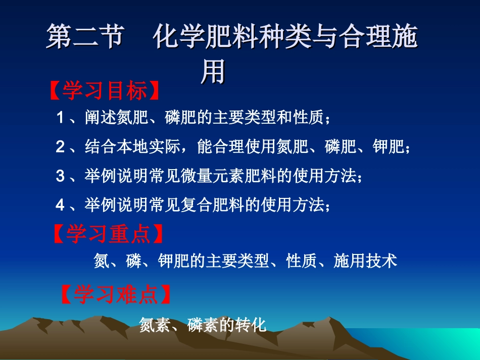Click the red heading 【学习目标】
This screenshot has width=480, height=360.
click(105, 91)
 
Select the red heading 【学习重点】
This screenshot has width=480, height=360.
click(109, 234)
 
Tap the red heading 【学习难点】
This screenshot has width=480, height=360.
click(116, 295)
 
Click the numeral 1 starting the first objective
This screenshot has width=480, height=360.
click(60, 118)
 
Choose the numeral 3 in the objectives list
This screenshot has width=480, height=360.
click(60, 176)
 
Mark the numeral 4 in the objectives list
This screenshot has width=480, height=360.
click(60, 204)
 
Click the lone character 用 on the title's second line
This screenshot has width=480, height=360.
click(213, 72)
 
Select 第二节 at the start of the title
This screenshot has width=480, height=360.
click(85, 38)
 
